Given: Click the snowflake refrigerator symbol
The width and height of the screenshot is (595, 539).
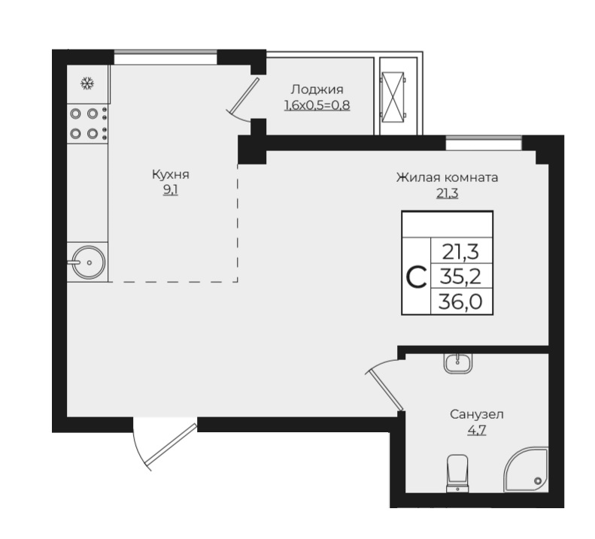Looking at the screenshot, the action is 88,83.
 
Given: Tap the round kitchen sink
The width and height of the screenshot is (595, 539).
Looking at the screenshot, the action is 89,262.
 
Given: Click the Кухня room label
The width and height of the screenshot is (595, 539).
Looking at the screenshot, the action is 171,174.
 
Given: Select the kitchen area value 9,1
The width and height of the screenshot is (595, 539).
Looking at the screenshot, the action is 171,190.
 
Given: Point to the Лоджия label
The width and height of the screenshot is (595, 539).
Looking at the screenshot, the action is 317,89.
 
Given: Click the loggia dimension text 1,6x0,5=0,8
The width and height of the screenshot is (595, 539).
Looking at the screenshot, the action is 317,105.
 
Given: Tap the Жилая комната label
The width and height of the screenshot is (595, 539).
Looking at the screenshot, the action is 447,177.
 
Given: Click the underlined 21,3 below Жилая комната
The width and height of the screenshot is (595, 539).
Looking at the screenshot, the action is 448,193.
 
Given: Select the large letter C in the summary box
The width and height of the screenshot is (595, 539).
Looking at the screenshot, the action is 416,277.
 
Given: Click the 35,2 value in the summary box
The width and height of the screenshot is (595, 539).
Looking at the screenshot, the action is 460,277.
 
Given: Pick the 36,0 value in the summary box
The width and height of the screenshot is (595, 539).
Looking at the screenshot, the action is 460,301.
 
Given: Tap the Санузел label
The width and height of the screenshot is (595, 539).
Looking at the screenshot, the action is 477,414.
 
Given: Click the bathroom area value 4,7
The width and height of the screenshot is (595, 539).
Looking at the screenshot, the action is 477,431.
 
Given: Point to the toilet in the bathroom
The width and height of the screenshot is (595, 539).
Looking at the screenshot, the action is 457,474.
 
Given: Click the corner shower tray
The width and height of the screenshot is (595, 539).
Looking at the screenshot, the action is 526,470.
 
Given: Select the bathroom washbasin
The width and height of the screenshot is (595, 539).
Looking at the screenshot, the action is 458,363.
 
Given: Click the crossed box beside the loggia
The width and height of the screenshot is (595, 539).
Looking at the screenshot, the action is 393,97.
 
